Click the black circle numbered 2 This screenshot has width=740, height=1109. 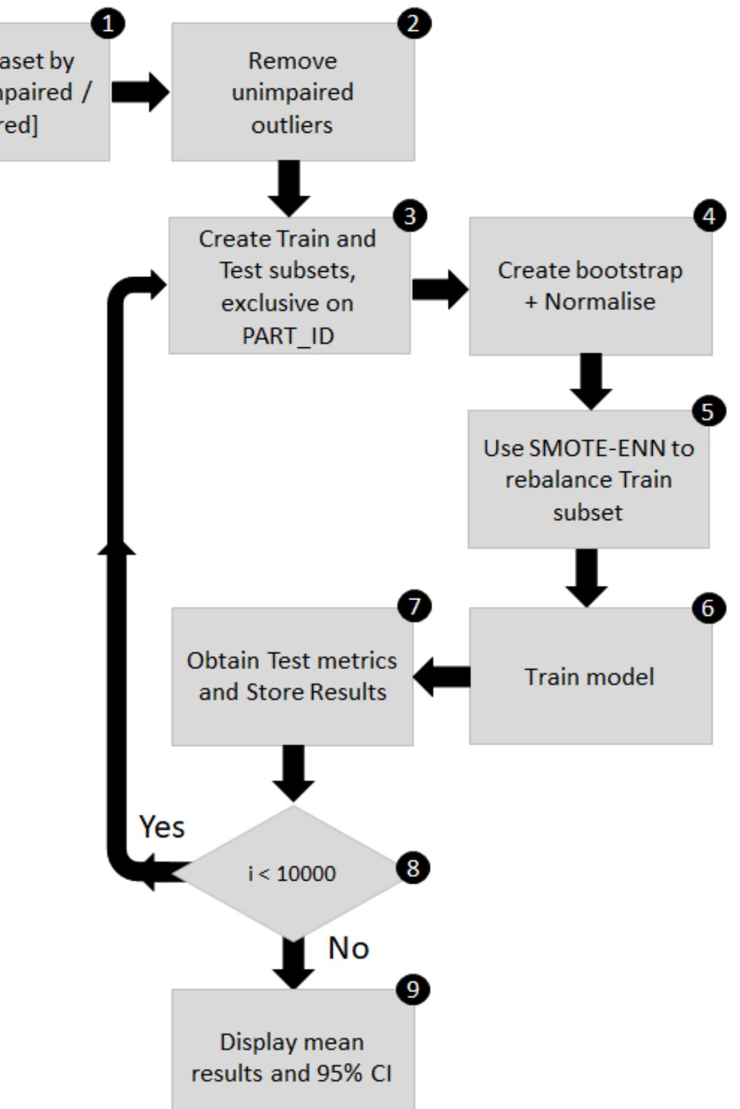[x=414, y=24]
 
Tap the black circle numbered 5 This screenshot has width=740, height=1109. [x=708, y=412]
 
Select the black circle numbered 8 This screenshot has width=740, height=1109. [x=412, y=868]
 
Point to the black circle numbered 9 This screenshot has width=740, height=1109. [x=412, y=989]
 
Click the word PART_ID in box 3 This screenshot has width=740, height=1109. [x=288, y=336]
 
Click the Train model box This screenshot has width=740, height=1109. [x=590, y=676]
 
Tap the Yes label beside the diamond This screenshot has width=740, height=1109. [x=162, y=827]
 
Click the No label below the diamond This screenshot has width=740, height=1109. [x=348, y=948]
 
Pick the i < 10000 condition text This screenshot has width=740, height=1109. [x=292, y=874]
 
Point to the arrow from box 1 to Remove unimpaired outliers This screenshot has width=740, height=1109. [x=140, y=92]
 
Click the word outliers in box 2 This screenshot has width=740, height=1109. [x=292, y=125]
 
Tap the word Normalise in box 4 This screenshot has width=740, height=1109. [x=599, y=302]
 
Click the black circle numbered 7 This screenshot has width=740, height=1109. [x=414, y=605]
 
